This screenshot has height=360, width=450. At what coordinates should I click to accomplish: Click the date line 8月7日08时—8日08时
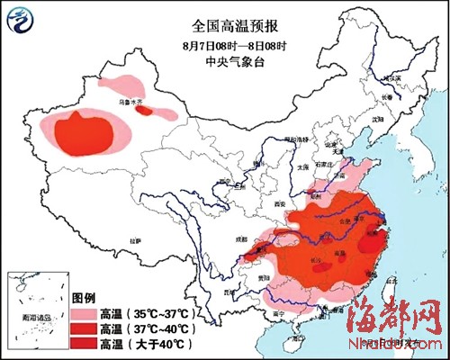click(x=226, y=42)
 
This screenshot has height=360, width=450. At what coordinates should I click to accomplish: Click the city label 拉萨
click(x=136, y=240)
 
